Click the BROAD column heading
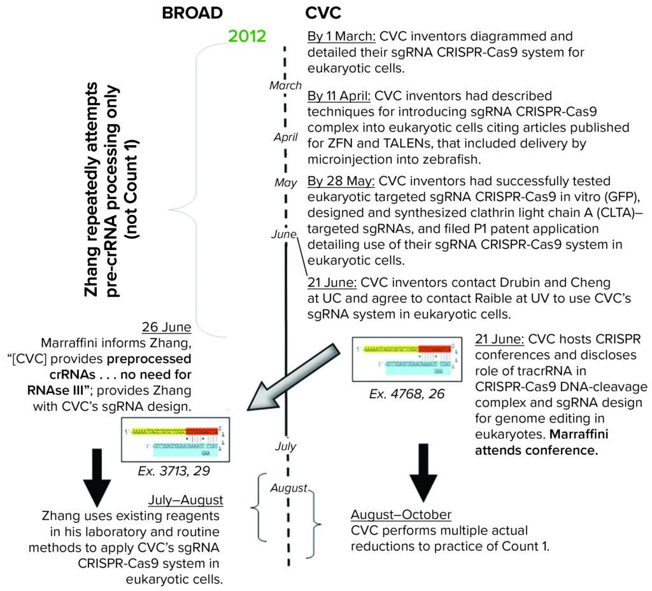point(192,12)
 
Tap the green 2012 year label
point(247,36)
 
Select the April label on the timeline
point(286,136)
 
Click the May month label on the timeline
point(286,183)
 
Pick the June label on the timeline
point(284,234)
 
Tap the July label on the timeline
point(286,446)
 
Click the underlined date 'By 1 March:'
point(337,36)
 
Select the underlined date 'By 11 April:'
point(339,97)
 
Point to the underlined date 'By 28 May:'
point(338,181)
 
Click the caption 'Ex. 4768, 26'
point(397,394)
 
